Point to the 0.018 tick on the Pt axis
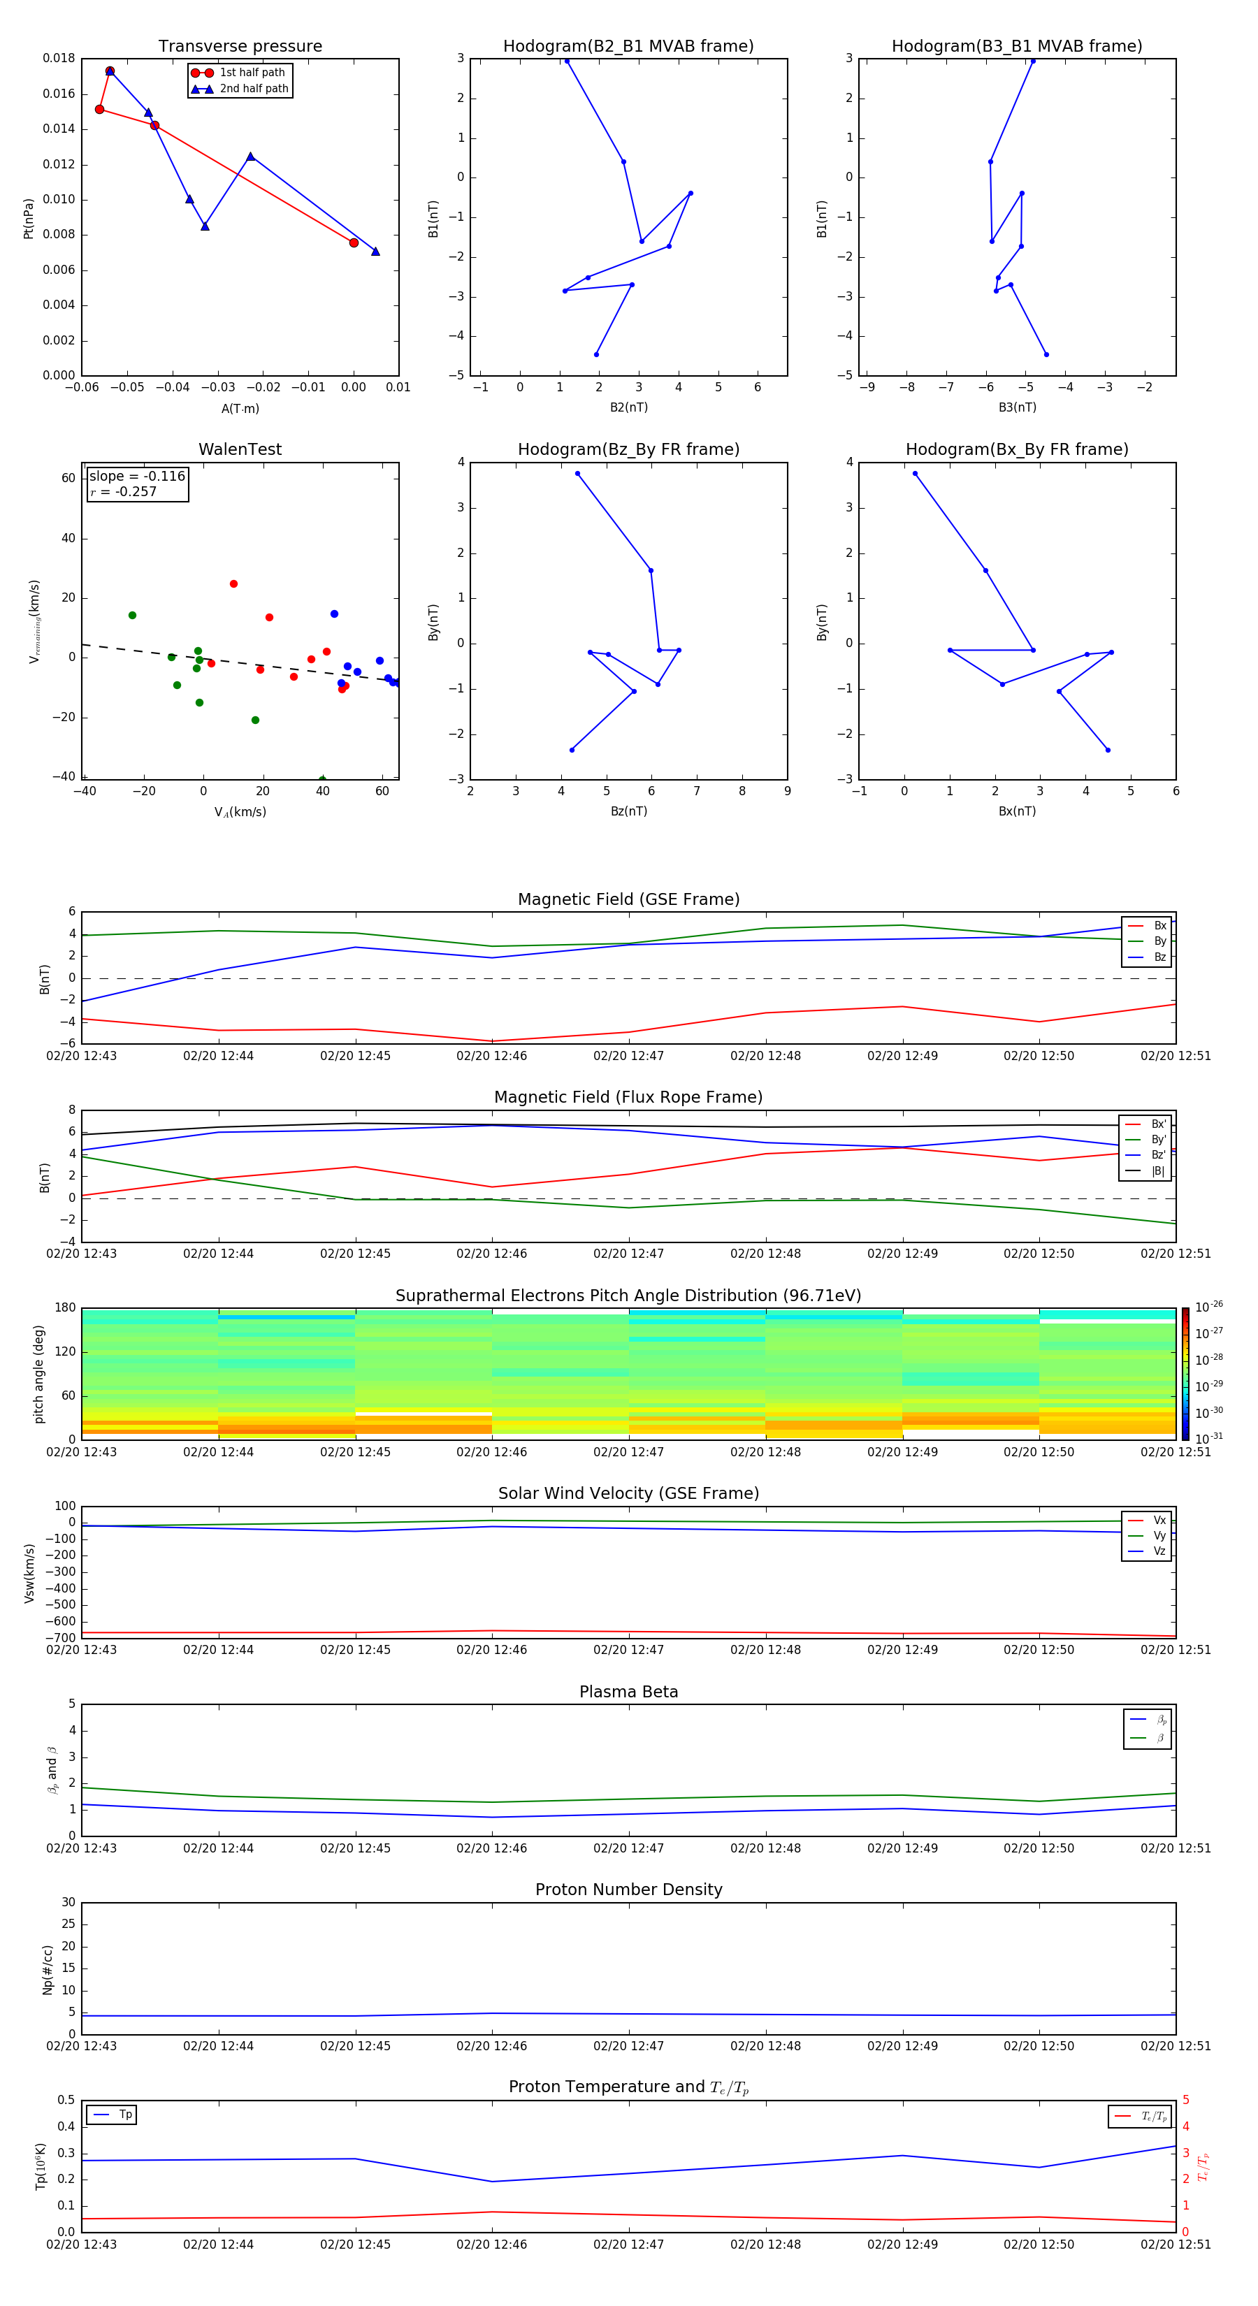(59, 58)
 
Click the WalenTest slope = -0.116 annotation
(137, 477)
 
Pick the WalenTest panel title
(240, 449)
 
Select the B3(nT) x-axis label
(1017, 407)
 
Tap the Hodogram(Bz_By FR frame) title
(628, 449)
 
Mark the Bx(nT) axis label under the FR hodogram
(1017, 811)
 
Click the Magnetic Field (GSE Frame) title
(628, 899)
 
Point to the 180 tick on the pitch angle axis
(66, 1308)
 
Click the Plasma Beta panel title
(628, 1692)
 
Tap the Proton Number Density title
(628, 1890)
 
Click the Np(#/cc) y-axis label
(48, 1969)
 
